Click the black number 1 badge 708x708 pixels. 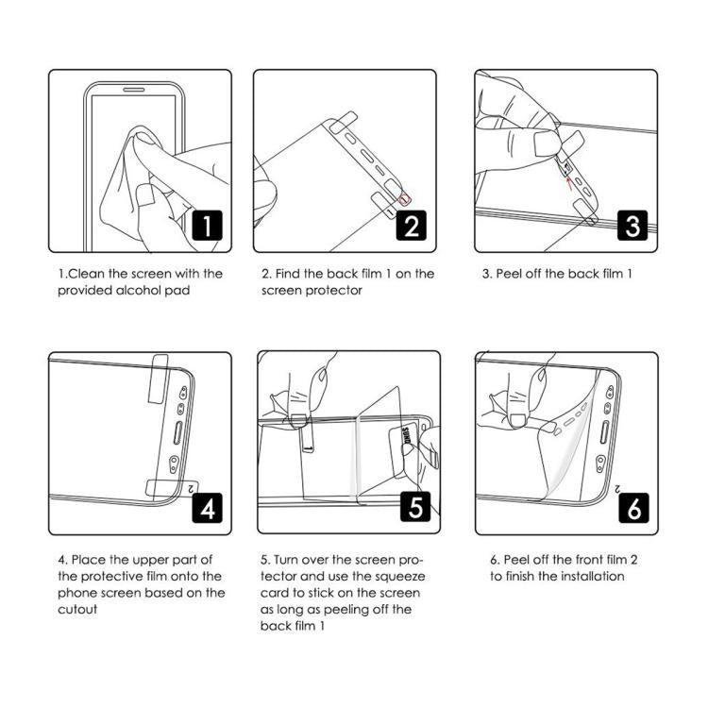207,225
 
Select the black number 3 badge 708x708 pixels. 632,225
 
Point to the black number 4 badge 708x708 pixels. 207,508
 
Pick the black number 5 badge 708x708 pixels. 416,508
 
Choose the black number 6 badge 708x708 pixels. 632,508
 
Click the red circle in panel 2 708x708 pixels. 406,197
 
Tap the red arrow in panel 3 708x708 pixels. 568,181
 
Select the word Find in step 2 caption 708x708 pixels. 291,274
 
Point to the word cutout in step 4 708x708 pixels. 78,610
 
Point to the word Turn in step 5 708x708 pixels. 287,559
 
